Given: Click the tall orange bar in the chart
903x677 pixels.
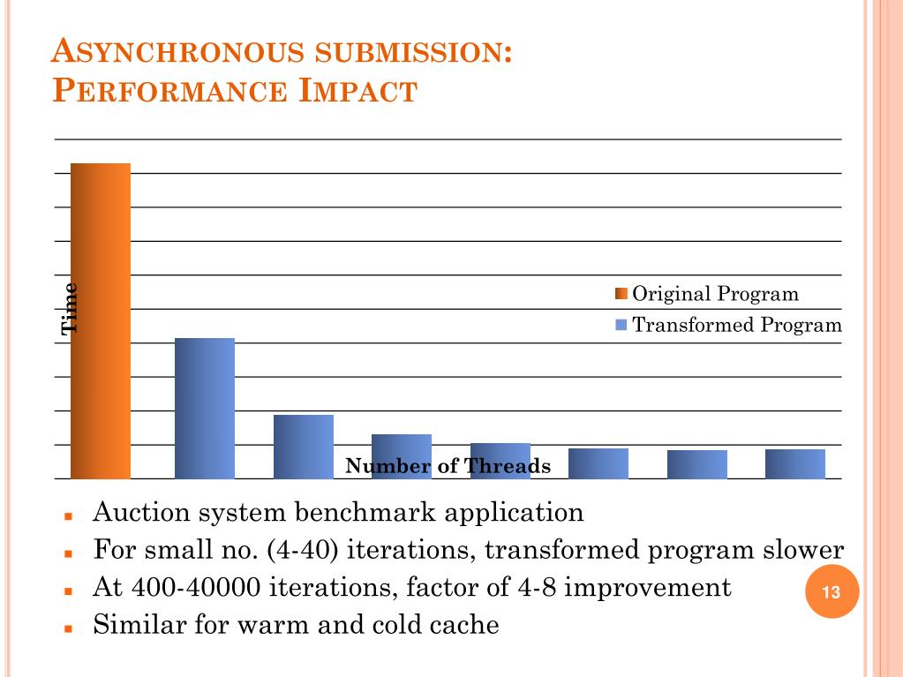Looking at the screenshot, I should point(101,320).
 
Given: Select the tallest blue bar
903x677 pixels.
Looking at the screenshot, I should point(205,408).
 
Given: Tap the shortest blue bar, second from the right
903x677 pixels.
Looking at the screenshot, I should point(697,464).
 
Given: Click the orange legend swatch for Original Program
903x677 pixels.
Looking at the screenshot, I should point(621,294).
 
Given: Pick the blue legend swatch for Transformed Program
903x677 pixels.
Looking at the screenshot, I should point(621,325).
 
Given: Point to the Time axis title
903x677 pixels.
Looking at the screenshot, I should point(69,308).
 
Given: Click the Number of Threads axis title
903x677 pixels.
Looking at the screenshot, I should point(448,466).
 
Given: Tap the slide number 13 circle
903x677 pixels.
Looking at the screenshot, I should point(831,592).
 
